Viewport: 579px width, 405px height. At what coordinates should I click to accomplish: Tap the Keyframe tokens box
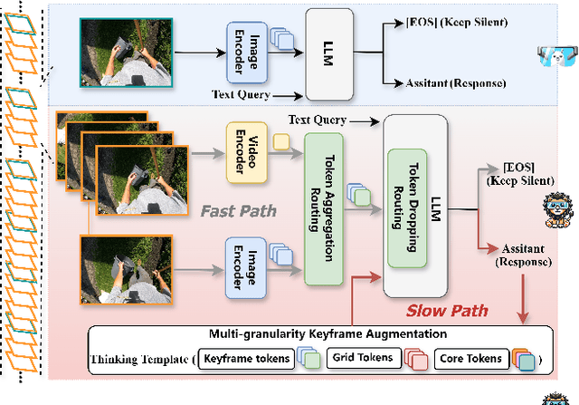pyautogui.click(x=246, y=360)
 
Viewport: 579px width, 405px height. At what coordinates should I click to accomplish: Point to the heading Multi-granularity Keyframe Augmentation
pyautogui.click(x=320, y=334)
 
